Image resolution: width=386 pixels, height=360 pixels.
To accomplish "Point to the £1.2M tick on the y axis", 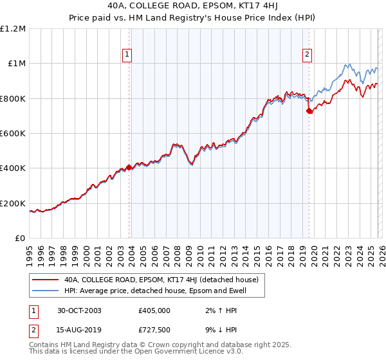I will (13, 29).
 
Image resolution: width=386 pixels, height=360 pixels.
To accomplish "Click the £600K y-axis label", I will (13, 134).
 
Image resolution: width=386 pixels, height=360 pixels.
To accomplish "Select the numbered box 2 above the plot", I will (308, 55).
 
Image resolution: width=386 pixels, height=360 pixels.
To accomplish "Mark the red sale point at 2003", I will (129, 167).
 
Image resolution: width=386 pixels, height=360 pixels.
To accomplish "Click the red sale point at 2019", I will (309, 111).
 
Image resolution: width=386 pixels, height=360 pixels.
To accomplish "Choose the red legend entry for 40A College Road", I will (161, 280).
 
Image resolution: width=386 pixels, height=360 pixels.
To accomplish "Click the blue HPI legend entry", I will (155, 291).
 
